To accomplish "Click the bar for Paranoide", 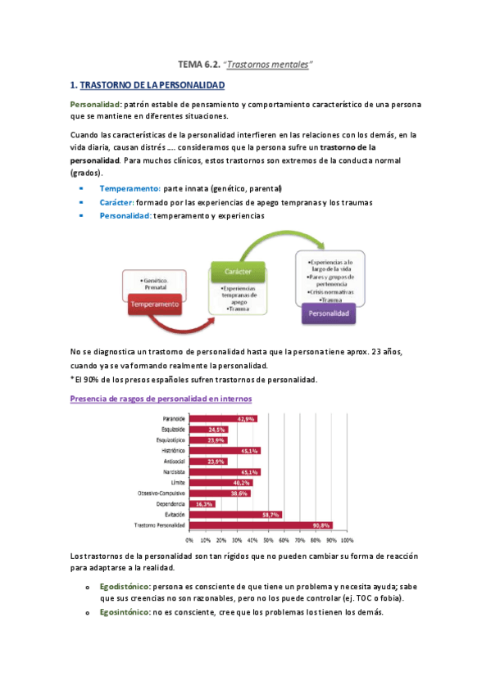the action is click(x=222, y=419).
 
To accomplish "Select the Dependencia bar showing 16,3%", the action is click(x=202, y=504).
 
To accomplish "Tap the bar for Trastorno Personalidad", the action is click(x=261, y=525).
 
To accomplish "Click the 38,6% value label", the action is click(x=239, y=493).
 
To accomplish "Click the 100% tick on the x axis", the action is click(x=347, y=540).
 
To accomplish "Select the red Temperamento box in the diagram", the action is click(x=154, y=304).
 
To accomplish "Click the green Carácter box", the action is click(x=237, y=272).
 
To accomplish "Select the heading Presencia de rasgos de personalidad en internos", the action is click(x=161, y=398).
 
